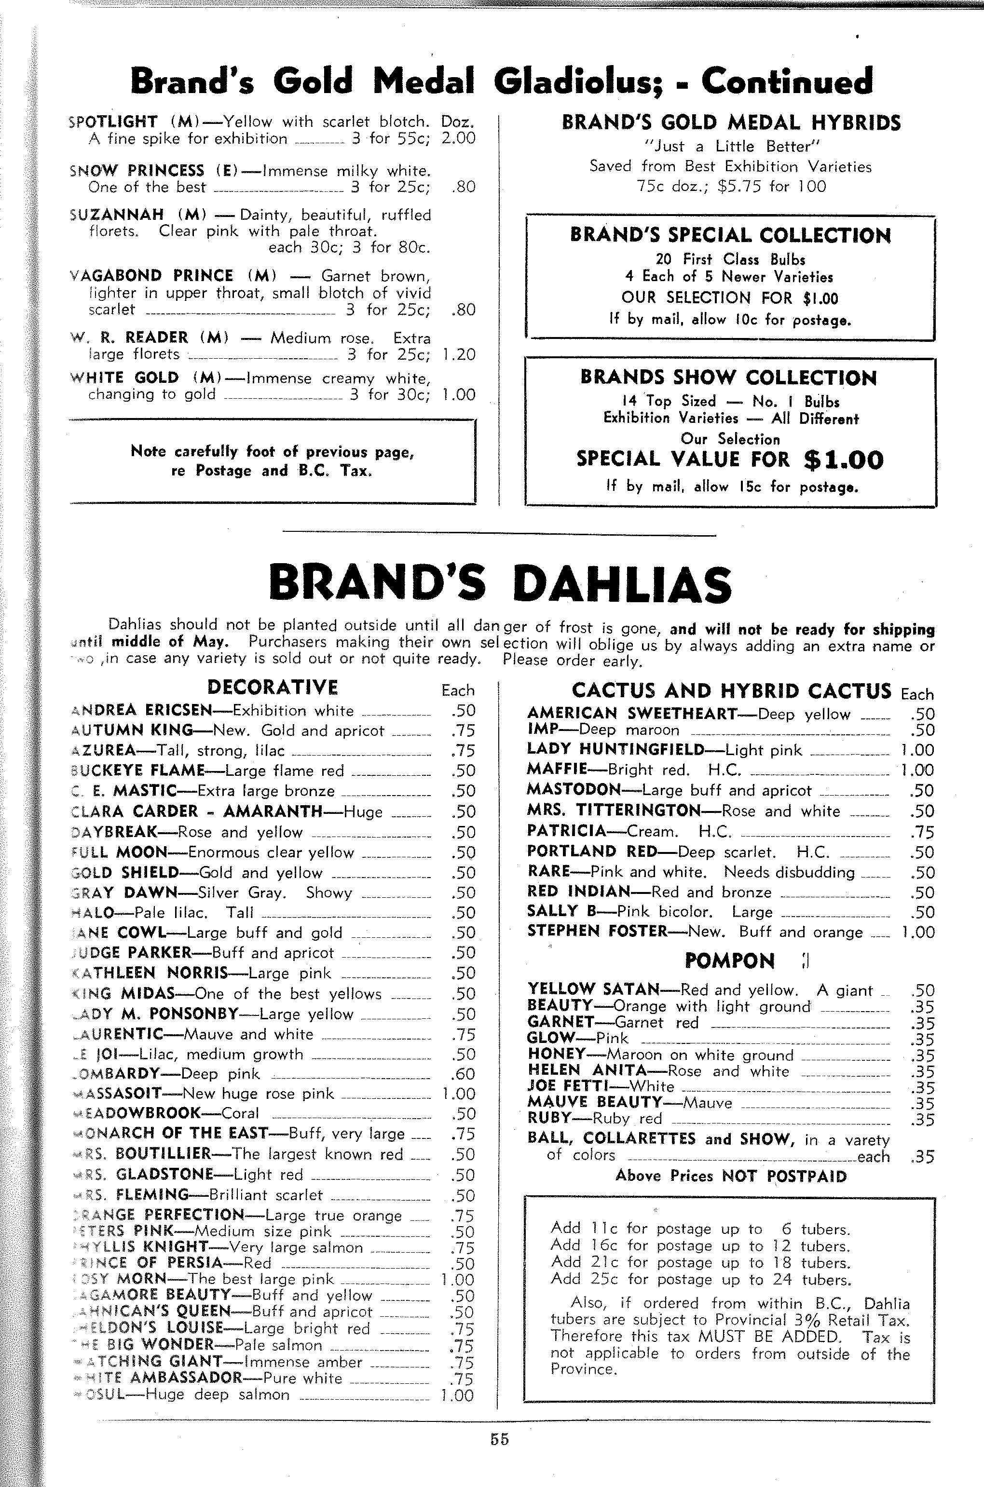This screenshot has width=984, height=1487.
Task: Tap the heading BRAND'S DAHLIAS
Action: (x=500, y=583)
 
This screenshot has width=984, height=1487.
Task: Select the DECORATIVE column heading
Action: (x=273, y=688)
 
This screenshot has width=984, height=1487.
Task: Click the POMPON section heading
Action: (x=729, y=960)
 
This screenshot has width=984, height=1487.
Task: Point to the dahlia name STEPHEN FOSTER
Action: (x=597, y=932)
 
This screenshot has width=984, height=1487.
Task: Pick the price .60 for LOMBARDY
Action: (x=463, y=1074)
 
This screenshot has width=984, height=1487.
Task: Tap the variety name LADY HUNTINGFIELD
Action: (x=615, y=749)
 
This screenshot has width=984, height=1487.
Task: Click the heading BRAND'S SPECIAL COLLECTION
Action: (x=730, y=236)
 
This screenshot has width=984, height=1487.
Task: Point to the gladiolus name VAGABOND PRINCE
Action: (x=150, y=276)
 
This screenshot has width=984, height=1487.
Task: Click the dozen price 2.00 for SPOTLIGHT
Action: (x=458, y=138)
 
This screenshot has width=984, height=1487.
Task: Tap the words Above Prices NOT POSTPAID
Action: (x=730, y=1176)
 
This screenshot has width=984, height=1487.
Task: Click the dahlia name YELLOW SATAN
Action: (x=593, y=990)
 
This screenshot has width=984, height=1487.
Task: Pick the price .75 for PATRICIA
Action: (x=922, y=832)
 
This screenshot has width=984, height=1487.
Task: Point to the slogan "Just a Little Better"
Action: (x=732, y=147)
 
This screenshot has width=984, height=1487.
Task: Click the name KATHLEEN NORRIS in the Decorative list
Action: (x=150, y=973)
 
